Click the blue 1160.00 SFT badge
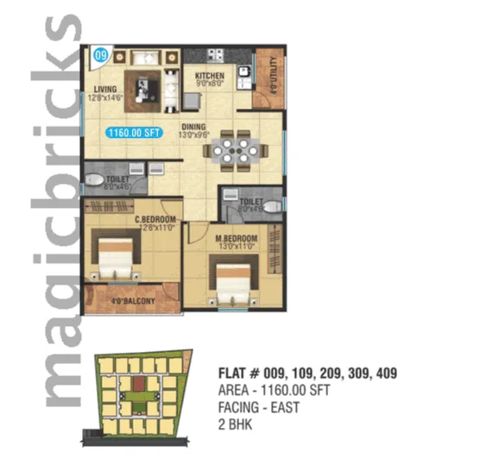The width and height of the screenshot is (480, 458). pos(132,133)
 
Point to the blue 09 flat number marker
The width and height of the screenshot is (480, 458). pos(100,56)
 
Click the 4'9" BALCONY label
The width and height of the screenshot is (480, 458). pos(135,301)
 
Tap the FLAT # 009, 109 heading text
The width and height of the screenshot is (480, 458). pos(309,373)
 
